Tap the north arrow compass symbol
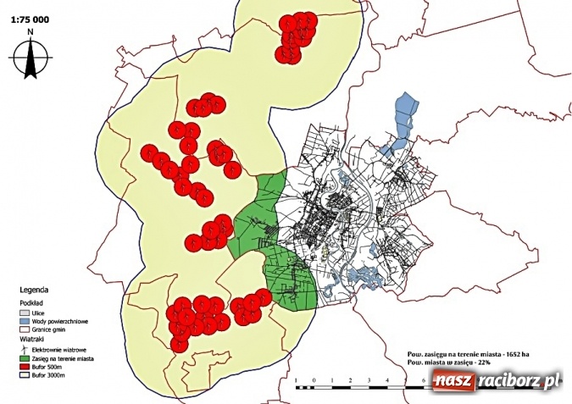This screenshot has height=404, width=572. pyautogui.click(x=31, y=58)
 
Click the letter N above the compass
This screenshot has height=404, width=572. pyautogui.click(x=31, y=32)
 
